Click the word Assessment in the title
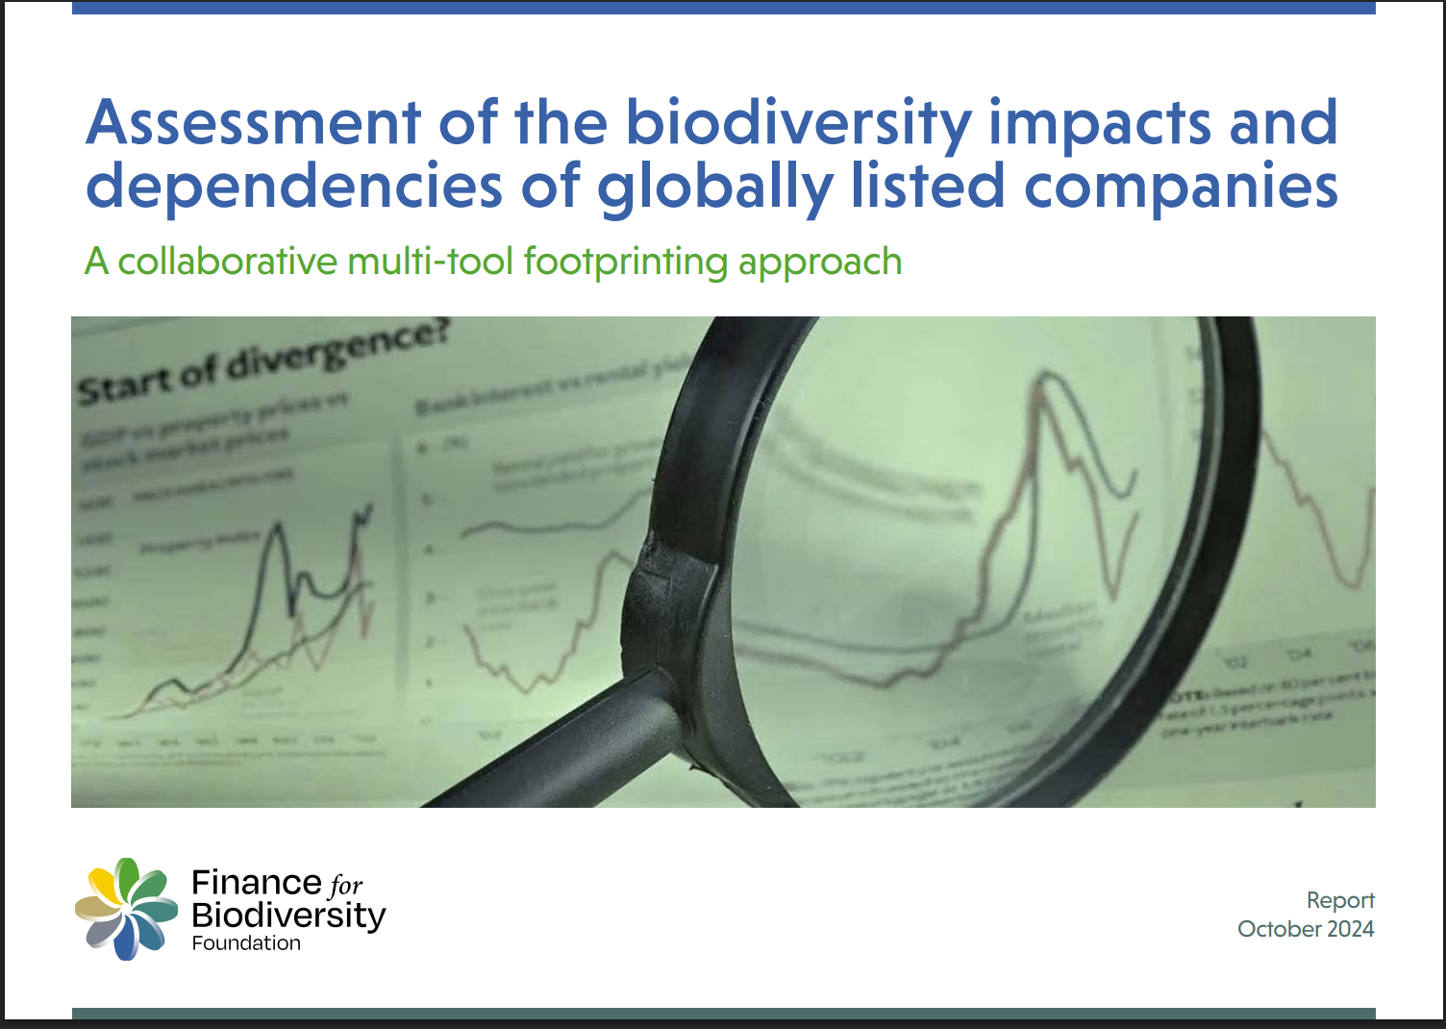tap(254, 123)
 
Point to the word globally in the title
tap(714, 187)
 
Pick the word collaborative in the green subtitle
tap(228, 262)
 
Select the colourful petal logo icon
tap(127, 909)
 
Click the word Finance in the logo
tap(257, 882)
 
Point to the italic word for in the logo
tap(346, 885)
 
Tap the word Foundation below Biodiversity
tap(246, 943)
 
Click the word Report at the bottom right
tap(1340, 900)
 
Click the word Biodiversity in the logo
tap(288, 915)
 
